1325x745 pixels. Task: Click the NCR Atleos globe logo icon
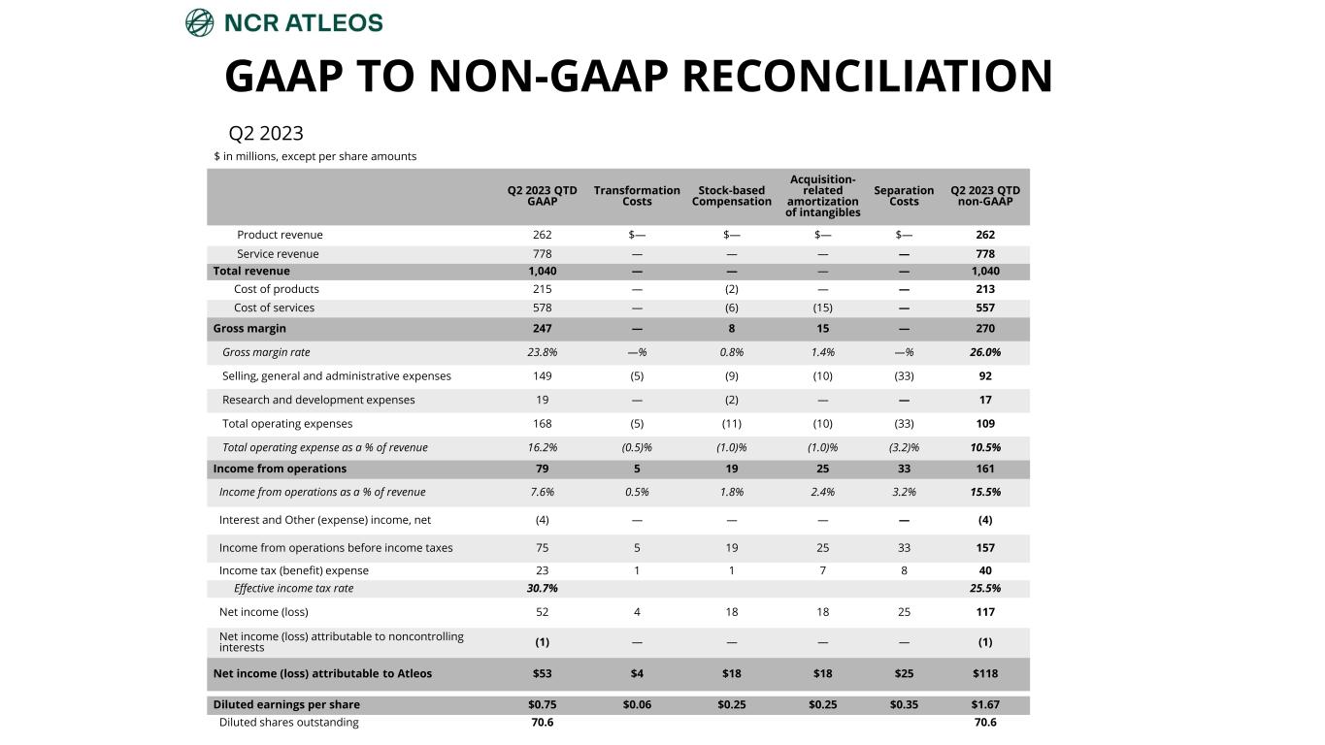pos(199,22)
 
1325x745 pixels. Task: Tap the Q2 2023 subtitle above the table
pos(265,133)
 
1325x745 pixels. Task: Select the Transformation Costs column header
pos(637,196)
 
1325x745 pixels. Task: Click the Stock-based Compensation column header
pos(731,196)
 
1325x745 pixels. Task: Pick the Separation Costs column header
pos(904,196)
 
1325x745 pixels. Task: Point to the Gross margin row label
pos(249,329)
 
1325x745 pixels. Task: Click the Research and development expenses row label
pos(318,400)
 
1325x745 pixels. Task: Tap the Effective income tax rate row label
pos(293,589)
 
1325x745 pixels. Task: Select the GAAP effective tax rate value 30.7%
pos(542,589)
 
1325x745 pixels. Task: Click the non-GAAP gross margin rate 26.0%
pos(985,353)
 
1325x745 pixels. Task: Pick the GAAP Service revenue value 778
pos(542,254)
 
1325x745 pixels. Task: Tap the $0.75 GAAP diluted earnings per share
pos(542,705)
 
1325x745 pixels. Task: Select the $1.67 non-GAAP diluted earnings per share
pos(985,705)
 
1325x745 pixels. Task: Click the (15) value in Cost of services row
pos(822,308)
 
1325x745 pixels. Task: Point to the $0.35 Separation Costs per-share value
pos(904,705)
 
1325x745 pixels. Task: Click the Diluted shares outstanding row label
pos(288,723)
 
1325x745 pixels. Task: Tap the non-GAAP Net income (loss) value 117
pos(985,612)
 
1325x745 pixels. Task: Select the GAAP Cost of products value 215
pos(542,289)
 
